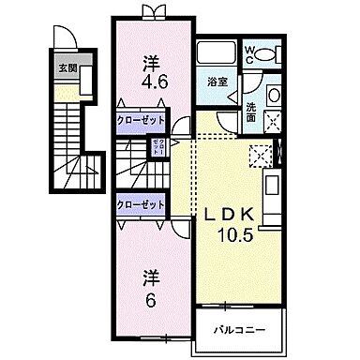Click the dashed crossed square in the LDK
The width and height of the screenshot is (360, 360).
263,156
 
